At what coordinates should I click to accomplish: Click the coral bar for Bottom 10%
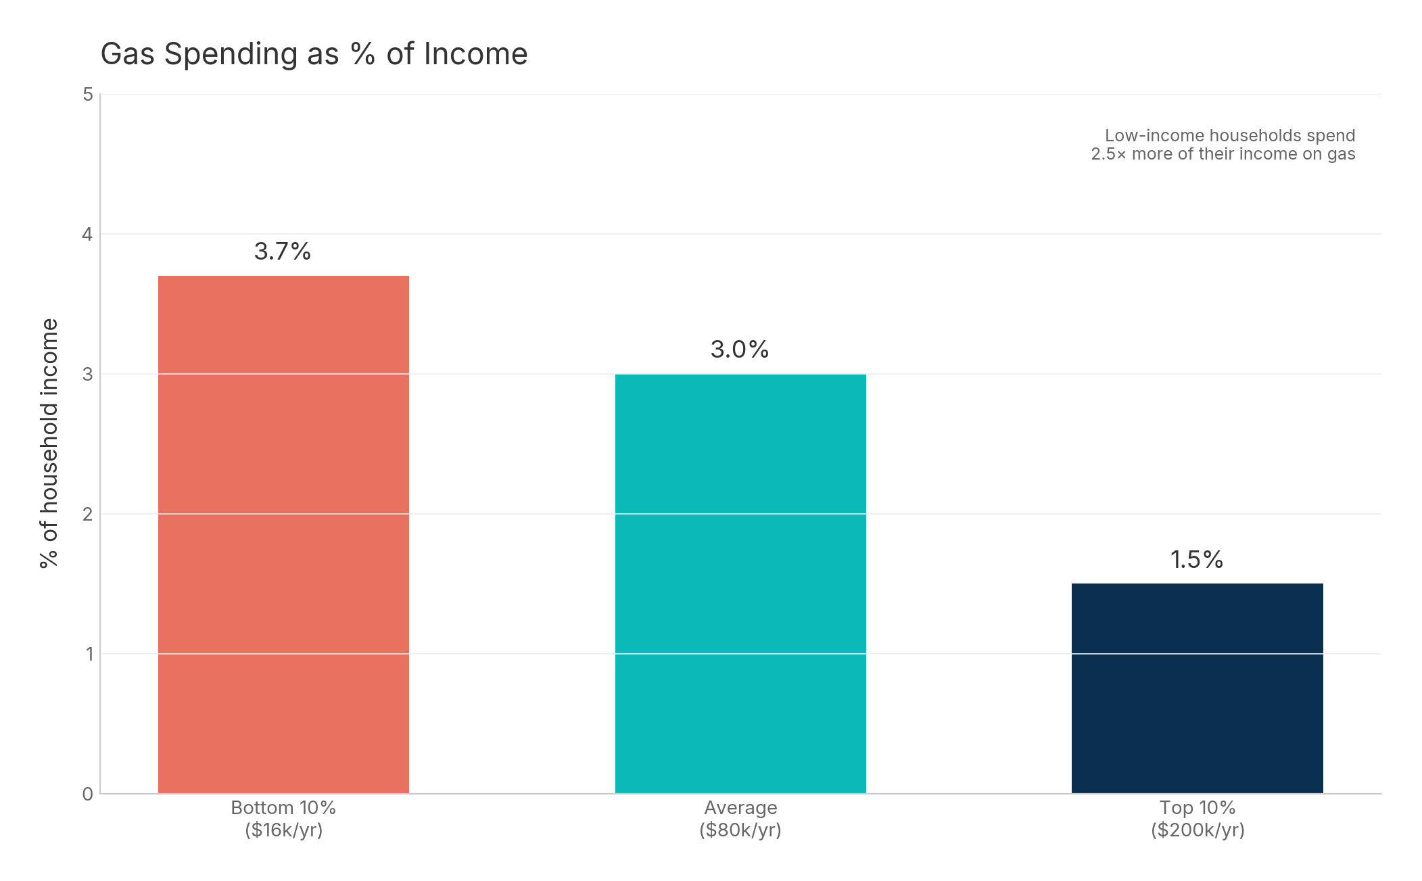coord(283,534)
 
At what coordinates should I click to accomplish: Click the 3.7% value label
coord(282,252)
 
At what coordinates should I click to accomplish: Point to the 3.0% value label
coord(739,350)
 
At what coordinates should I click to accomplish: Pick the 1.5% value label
coord(1196,560)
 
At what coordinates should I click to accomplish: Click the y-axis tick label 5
coord(88,95)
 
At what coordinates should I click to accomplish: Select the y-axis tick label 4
coord(87,235)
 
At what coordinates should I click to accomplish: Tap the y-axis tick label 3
coord(87,375)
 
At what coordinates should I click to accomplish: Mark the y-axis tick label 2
coord(87,515)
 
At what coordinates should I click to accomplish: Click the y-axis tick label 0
coord(87,794)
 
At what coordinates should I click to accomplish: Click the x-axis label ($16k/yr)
coord(283,830)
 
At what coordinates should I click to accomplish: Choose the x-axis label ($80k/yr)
coord(740,830)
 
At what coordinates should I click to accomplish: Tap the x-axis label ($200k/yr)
coord(1198,830)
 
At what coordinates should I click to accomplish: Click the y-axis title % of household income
coord(49,443)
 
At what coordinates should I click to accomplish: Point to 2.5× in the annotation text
coord(1108,154)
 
